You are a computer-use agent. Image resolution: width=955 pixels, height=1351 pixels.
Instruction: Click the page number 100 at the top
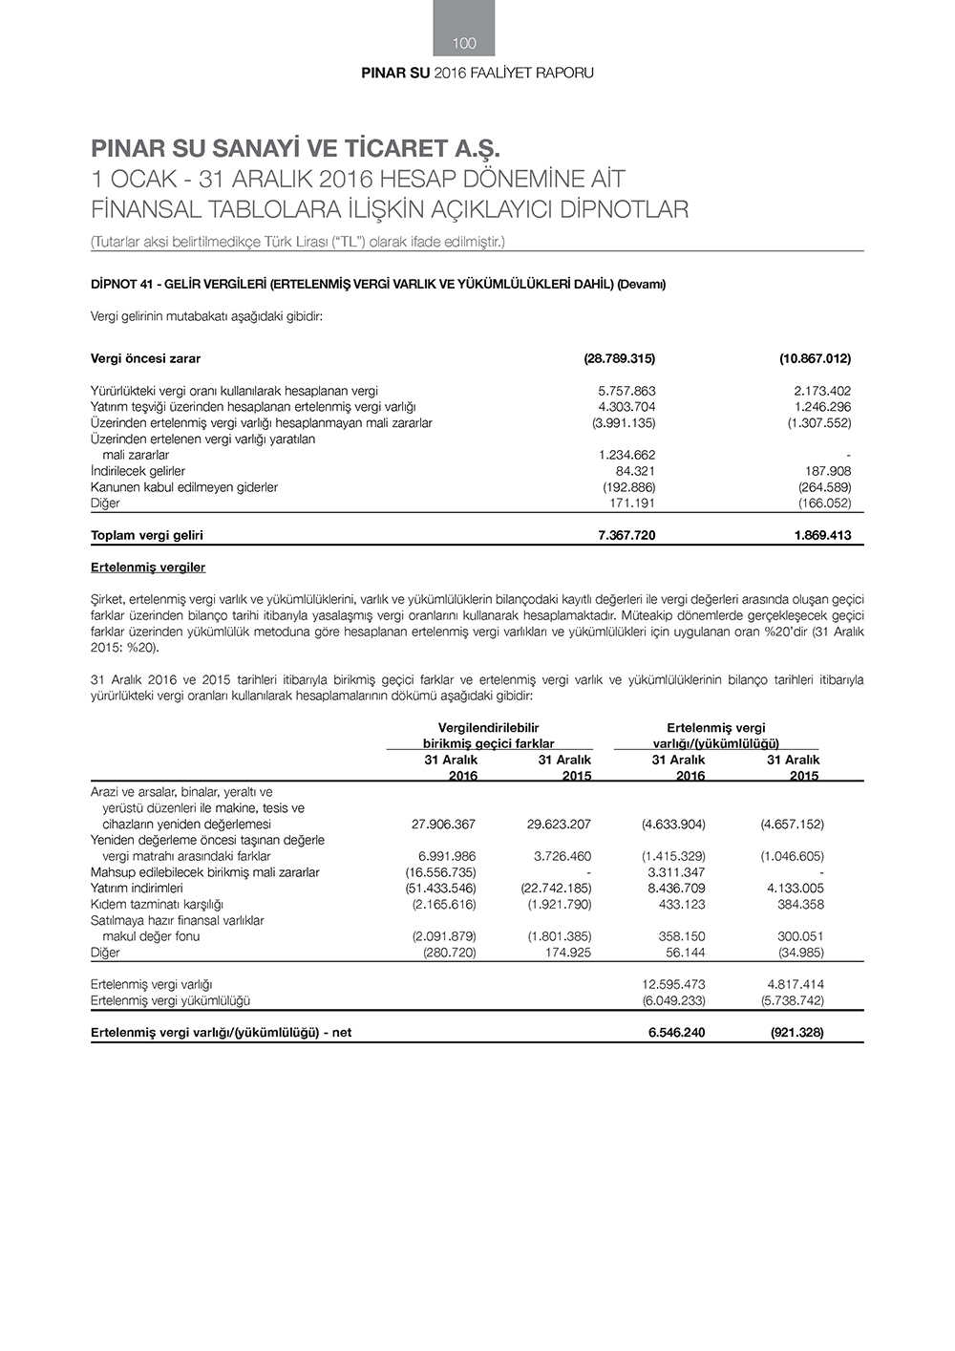pyautogui.click(x=464, y=43)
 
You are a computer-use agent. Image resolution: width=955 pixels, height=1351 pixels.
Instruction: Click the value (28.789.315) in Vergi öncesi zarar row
pyautogui.click(x=619, y=358)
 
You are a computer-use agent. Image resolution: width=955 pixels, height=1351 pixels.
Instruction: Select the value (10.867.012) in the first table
pyautogui.click(x=815, y=358)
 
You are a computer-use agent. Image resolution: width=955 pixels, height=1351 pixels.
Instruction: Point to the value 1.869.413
pyautogui.click(x=822, y=535)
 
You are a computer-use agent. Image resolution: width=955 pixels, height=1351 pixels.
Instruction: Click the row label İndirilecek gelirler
pyautogui.click(x=138, y=471)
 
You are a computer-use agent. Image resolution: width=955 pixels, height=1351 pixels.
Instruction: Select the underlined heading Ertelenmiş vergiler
pyautogui.click(x=148, y=568)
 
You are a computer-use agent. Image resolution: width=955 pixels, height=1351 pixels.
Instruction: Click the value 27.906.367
pyautogui.click(x=443, y=824)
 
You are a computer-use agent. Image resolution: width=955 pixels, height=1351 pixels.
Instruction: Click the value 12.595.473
pyautogui.click(x=673, y=984)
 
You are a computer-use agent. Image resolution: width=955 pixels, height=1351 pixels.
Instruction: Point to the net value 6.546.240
pyautogui.click(x=676, y=1032)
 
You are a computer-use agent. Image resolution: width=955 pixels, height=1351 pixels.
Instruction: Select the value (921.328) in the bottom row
pyautogui.click(x=796, y=1032)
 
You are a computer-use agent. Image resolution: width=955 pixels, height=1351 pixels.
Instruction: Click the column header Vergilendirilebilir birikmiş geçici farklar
pyautogui.click(x=488, y=736)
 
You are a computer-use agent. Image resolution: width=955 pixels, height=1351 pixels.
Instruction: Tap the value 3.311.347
pyautogui.click(x=676, y=872)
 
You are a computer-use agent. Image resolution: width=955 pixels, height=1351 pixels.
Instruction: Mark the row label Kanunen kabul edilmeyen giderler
pyautogui.click(x=184, y=487)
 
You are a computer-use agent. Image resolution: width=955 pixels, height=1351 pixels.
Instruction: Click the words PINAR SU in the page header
pyautogui.click(x=395, y=74)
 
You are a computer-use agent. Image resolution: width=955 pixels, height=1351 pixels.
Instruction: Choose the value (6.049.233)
pyautogui.click(x=673, y=1000)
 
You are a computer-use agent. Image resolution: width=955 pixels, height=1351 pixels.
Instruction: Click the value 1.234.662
pyautogui.click(x=626, y=455)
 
